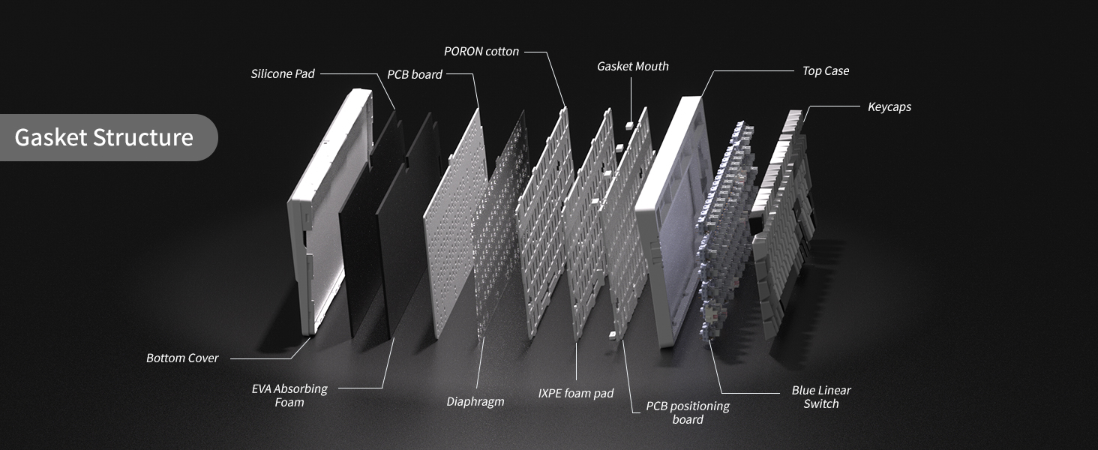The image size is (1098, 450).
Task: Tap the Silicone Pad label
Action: click(282, 74)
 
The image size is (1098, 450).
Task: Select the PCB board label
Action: click(415, 74)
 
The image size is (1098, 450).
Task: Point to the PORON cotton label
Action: click(481, 52)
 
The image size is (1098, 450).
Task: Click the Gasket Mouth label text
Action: click(633, 66)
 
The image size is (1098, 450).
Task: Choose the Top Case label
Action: click(826, 71)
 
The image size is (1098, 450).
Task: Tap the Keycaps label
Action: click(889, 106)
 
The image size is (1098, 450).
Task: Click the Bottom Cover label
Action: click(182, 358)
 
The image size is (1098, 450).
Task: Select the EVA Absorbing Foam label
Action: click(289, 395)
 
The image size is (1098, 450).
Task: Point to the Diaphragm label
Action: click(475, 401)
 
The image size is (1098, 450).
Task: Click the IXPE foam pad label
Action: click(575, 393)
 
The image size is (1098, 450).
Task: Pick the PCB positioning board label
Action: click(688, 412)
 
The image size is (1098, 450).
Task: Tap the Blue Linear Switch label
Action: click(821, 397)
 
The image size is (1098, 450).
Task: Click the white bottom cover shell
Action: click(323, 211)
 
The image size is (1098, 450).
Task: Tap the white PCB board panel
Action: click(455, 223)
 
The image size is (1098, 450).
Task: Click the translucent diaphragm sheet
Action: click(501, 223)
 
